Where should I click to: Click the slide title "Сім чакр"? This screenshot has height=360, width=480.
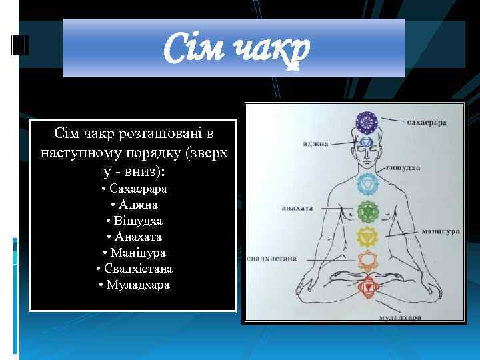click(x=237, y=49)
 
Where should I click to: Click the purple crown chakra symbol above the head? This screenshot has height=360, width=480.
click(x=366, y=121)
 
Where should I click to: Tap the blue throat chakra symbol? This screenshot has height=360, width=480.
click(x=367, y=183)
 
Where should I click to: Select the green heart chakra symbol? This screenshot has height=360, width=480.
click(x=367, y=212)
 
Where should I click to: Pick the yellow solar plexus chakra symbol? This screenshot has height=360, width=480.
click(x=367, y=236)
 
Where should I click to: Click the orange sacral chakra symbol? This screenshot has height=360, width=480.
click(x=367, y=261)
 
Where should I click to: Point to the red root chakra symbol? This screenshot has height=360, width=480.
click(x=367, y=287)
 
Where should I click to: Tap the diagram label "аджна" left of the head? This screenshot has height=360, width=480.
click(x=315, y=143)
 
